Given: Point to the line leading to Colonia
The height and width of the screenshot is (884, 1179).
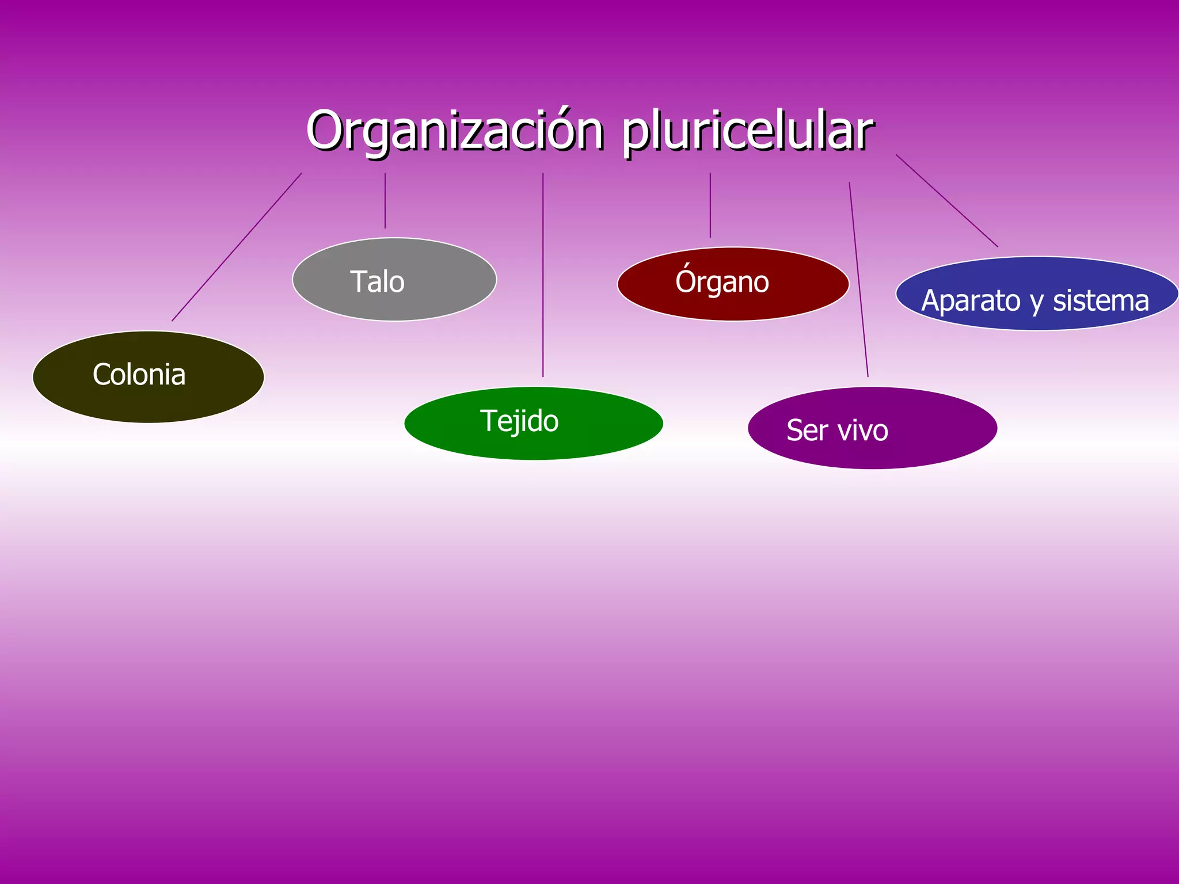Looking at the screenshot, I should pyautogui.click(x=237, y=247).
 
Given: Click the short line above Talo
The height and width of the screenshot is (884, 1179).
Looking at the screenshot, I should pyautogui.click(x=385, y=201).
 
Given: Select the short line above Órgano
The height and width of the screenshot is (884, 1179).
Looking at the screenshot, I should pyautogui.click(x=710, y=205).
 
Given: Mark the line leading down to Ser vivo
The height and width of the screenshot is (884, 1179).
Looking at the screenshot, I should pyautogui.click(x=858, y=280).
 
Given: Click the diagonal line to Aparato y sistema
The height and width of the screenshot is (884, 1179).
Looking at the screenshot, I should pyautogui.click(x=946, y=200).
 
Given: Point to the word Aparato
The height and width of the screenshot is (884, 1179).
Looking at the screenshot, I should pyautogui.click(x=971, y=301).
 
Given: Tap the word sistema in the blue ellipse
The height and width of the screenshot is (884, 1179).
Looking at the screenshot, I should pyautogui.click(x=1101, y=301).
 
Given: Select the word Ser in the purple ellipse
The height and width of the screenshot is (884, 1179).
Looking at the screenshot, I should pyautogui.click(x=807, y=430).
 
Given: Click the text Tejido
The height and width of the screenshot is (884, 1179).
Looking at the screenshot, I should pyautogui.click(x=519, y=421).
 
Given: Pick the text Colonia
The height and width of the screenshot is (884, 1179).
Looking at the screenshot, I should pyautogui.click(x=139, y=375).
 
